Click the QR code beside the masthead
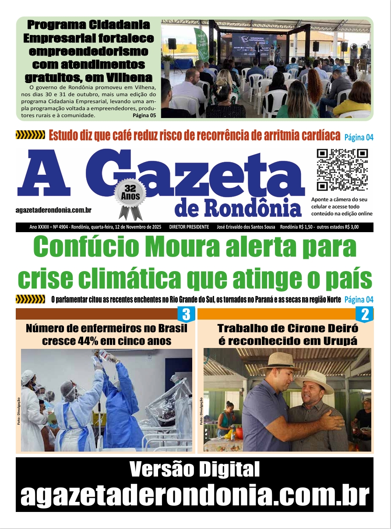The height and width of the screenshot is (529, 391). tap(342, 170)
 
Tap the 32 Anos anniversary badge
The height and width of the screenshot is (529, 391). tap(129, 194)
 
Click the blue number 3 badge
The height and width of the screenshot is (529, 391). tap(186, 314)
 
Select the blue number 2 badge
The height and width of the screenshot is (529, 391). tap(365, 314)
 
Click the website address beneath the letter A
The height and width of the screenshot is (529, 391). tap(53, 210)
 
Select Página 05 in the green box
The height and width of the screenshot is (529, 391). tap(144, 115)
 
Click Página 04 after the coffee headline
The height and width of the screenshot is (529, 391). tap(359, 137)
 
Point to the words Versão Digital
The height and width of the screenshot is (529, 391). tap(194, 470)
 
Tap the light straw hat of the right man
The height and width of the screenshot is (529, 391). tap(314, 379)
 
